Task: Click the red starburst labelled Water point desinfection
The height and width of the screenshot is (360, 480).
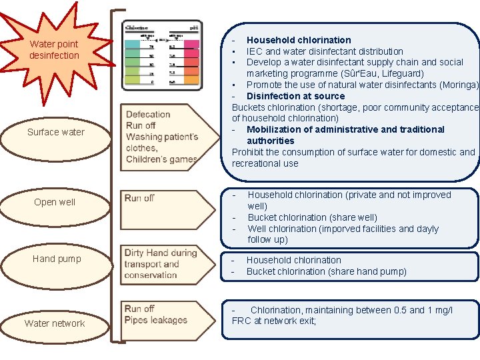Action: [x=54, y=49]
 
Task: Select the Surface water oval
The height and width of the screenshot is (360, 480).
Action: [x=56, y=132]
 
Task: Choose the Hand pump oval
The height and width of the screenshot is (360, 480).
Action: [x=57, y=259]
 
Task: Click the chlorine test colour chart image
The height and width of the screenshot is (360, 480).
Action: [x=162, y=55]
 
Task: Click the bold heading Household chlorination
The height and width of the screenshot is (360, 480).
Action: [x=299, y=40]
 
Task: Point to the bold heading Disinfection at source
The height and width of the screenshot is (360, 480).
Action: [x=295, y=96]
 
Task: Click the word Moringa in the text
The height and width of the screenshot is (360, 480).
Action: [x=460, y=85]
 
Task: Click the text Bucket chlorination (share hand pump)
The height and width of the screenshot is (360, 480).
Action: [x=326, y=271]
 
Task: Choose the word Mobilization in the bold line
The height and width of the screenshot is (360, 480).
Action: [x=275, y=129]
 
